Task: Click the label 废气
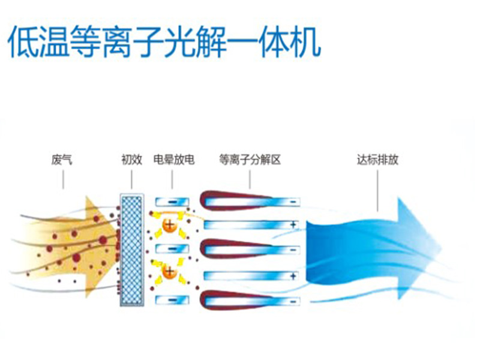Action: (62, 160)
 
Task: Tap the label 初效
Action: (131, 160)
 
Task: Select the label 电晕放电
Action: (173, 160)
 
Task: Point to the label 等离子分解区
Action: (250, 160)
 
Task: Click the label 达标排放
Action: (378, 160)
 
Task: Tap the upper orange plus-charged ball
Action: (169, 226)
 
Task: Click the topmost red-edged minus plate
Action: (248, 201)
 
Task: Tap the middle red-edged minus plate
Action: (248, 249)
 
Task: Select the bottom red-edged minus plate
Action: (248, 298)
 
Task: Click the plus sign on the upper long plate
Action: (293, 225)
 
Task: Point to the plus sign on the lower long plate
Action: (293, 276)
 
